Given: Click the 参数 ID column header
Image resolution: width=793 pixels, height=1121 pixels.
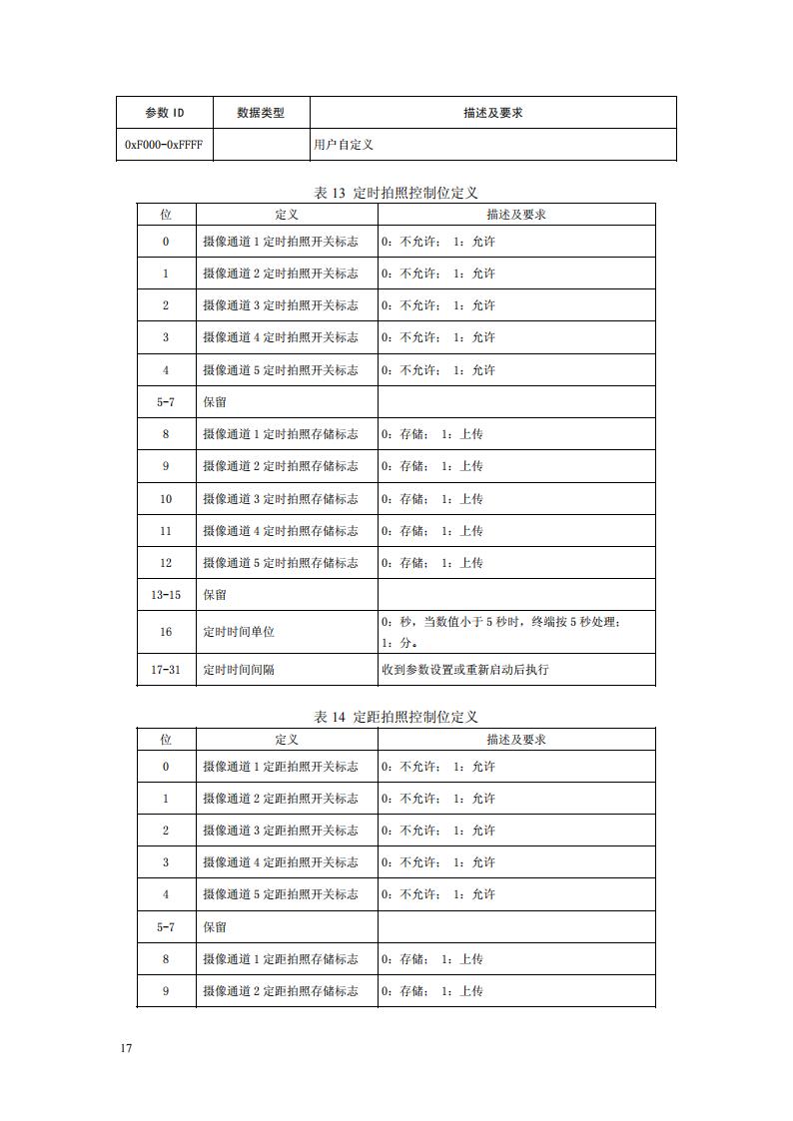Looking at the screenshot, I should [x=165, y=113].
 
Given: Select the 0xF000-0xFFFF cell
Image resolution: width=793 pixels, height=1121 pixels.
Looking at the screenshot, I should [x=164, y=145].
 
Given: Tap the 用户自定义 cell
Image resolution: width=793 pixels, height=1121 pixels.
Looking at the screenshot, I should [x=344, y=145].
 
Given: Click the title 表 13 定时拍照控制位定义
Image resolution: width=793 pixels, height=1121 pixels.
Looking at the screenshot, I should [x=396, y=193].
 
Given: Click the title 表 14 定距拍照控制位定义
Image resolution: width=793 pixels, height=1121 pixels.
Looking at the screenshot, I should [x=396, y=717].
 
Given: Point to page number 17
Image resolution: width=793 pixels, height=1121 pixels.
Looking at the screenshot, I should [x=126, y=1048].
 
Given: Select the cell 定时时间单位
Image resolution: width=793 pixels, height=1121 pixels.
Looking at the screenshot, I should [x=239, y=632].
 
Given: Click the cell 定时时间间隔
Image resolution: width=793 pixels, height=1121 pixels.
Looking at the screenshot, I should [x=239, y=670].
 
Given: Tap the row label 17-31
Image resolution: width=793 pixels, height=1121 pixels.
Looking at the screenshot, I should [x=166, y=670].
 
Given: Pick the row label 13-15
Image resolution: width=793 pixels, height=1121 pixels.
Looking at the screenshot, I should [x=166, y=595].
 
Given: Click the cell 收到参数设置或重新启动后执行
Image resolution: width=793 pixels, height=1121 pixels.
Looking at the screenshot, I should [x=465, y=670].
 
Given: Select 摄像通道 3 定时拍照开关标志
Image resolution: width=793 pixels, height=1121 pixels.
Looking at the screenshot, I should [x=280, y=305].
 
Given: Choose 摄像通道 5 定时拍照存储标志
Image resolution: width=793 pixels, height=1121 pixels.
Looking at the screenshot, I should [x=280, y=563].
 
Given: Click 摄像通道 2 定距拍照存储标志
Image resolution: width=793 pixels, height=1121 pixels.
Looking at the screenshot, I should [x=280, y=991].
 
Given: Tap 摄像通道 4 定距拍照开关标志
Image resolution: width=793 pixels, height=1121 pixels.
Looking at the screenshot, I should [x=280, y=862].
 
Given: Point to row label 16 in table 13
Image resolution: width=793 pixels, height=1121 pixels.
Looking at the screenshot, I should [x=166, y=632].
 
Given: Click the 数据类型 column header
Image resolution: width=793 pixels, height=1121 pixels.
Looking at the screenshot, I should [x=261, y=113].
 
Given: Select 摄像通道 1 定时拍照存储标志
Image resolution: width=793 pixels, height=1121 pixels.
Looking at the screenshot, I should [x=280, y=434].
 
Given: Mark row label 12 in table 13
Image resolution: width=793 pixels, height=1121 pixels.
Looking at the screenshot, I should [x=166, y=563].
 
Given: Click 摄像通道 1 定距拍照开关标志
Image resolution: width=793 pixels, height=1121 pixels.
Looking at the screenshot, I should [x=280, y=767].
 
